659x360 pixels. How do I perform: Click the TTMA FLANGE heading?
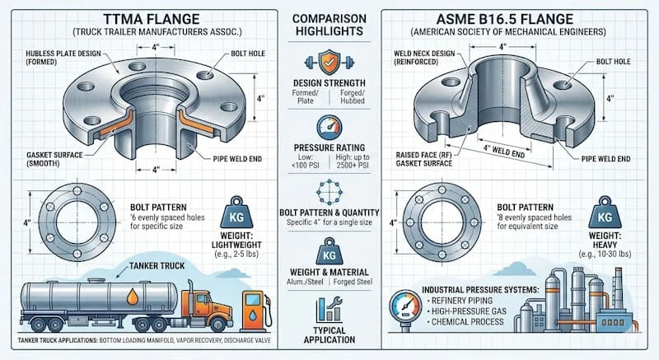click(152, 19)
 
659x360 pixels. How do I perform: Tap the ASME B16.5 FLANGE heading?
click(505, 19)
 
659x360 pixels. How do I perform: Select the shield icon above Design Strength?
click(329, 62)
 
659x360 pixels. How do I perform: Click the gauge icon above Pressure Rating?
click(329, 128)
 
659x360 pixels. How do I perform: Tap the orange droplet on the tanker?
click(133, 296)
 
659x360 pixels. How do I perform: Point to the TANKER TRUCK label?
click(157, 266)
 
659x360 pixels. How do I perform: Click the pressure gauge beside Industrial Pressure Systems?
click(405, 307)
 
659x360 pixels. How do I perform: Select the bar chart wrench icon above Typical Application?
click(329, 309)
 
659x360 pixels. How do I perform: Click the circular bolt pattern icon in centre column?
click(329, 192)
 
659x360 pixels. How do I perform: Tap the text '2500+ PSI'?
click(353, 165)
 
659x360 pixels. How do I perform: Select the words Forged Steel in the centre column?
click(353, 282)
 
